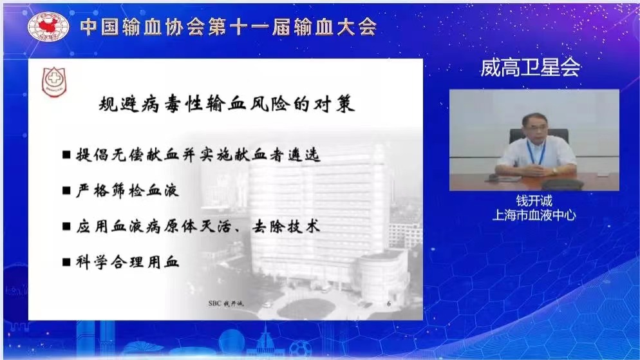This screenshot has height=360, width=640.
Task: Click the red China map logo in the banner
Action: click(48, 26)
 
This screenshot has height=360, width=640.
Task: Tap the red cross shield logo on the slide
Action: click(54, 82)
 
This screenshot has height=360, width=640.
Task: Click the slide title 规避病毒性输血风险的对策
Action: click(227, 104)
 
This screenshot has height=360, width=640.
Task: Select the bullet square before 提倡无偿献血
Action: click(66, 155)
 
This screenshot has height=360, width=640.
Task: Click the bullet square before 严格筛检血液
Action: click(66, 191)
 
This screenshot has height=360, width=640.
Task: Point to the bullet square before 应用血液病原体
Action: click(66, 226)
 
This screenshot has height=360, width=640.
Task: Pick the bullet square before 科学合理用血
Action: click(66, 262)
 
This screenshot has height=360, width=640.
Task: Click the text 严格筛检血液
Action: click(127, 191)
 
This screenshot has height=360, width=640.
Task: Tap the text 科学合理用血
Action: click(127, 262)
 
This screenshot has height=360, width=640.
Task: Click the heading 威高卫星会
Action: click(530, 68)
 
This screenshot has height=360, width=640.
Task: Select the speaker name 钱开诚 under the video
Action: click(534, 201)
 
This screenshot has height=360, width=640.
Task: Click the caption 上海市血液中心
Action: click(534, 215)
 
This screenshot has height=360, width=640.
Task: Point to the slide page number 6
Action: click(389, 304)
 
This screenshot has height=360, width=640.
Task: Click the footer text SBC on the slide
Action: click(214, 303)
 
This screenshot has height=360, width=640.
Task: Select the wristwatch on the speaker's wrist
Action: click(555, 170)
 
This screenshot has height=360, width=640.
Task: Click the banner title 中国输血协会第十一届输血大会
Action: click(229, 27)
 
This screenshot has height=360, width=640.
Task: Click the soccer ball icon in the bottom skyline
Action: click(300, 349)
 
